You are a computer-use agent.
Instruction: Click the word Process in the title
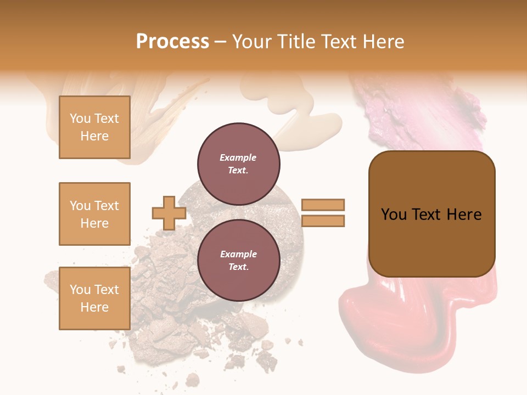tap(172, 42)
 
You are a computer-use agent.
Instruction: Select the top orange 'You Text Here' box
tap(94, 127)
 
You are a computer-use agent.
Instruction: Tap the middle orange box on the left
tap(94, 214)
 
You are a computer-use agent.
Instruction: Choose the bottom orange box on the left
tap(94, 298)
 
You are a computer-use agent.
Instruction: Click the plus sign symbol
tap(169, 213)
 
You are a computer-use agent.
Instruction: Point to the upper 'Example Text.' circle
tap(238, 163)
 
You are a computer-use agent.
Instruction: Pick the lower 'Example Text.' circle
tap(238, 260)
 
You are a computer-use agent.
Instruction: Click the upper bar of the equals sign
tap(323, 205)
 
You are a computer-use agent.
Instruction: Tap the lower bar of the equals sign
tap(323, 221)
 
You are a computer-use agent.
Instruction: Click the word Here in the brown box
tap(464, 215)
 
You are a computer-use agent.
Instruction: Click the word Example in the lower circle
tap(238, 254)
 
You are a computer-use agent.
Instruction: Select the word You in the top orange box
tap(80, 119)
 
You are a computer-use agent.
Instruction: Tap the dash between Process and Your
tap(221, 42)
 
